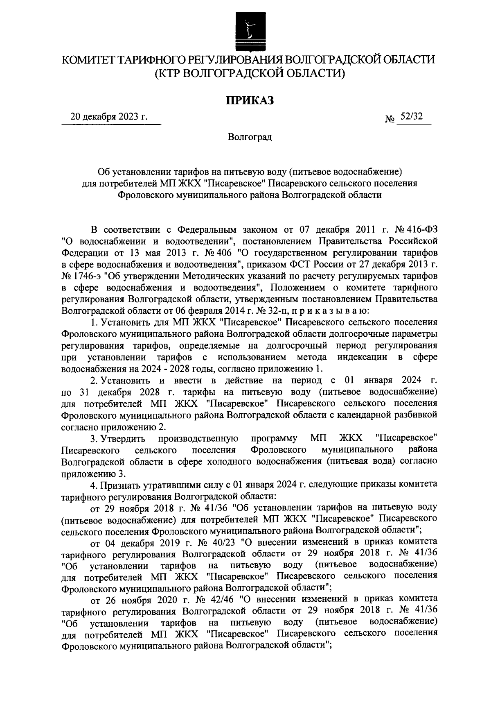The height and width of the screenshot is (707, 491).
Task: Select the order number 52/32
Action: [412, 117]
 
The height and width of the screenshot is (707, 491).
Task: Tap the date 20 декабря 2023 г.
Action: [109, 117]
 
